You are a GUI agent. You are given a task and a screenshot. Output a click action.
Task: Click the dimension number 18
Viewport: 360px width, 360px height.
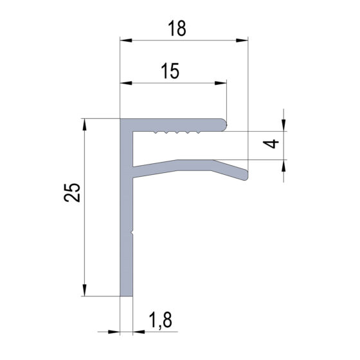(177, 28)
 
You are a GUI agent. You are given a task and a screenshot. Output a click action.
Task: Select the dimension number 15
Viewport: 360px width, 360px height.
(170, 71)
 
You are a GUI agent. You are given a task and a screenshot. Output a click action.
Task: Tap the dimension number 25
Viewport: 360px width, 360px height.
(72, 193)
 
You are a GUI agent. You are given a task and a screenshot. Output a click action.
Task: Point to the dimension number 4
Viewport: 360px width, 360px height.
(271, 144)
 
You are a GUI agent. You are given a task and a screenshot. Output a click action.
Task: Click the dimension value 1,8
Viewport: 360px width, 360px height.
(161, 320)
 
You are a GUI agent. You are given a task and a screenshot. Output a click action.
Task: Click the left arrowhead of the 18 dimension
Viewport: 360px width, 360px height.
(126, 40)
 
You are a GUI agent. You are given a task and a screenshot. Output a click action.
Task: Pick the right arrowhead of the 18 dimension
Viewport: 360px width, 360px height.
(242, 40)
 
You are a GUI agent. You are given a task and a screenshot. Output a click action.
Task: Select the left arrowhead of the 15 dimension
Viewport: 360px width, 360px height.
(126, 83)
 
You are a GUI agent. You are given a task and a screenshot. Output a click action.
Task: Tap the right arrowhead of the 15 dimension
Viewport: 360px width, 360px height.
(221, 83)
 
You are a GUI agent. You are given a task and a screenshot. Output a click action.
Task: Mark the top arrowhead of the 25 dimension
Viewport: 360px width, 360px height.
(84, 125)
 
